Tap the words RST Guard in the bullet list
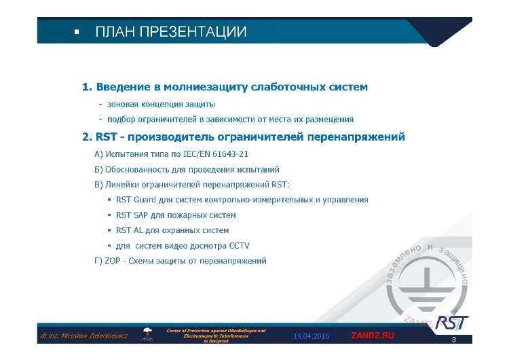136,200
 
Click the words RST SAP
132,215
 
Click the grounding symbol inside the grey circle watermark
426,290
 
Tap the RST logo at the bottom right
451,321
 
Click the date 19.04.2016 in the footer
312,336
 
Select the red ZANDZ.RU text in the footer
373,336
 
